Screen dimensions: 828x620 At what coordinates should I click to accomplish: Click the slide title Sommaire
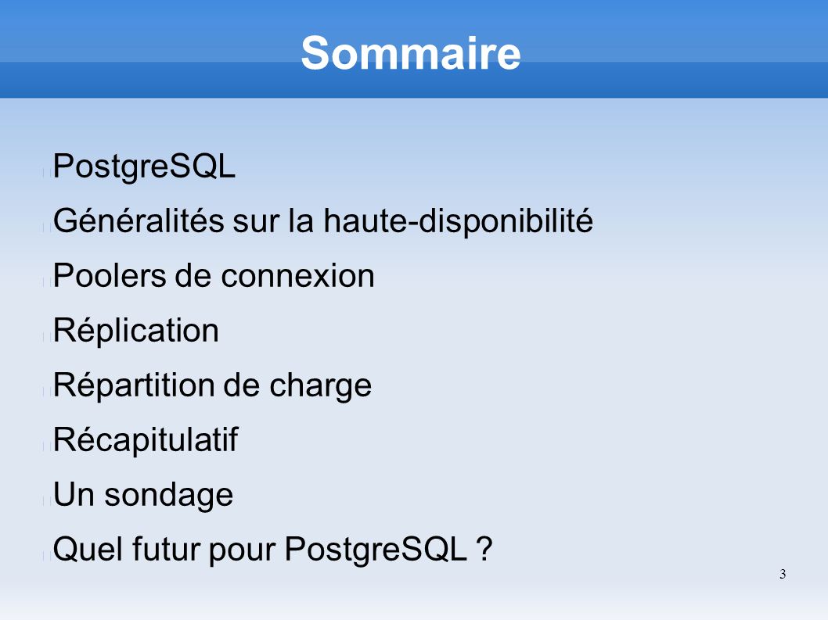pos(411,52)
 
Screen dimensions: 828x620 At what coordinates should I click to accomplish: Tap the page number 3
pos(783,574)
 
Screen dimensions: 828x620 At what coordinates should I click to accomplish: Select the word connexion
pos(297,275)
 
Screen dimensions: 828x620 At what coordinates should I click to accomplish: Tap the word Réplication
pos(135,331)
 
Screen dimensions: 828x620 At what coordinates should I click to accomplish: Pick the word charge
pos(321,385)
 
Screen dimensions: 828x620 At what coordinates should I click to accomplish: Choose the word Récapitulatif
pos(146,440)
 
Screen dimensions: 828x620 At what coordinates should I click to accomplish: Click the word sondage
pos(168,496)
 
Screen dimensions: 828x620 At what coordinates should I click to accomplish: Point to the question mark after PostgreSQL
pos(484,550)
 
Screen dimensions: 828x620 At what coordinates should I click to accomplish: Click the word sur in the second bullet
pos(256,221)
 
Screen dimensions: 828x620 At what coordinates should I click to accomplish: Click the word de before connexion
pos(193,275)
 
